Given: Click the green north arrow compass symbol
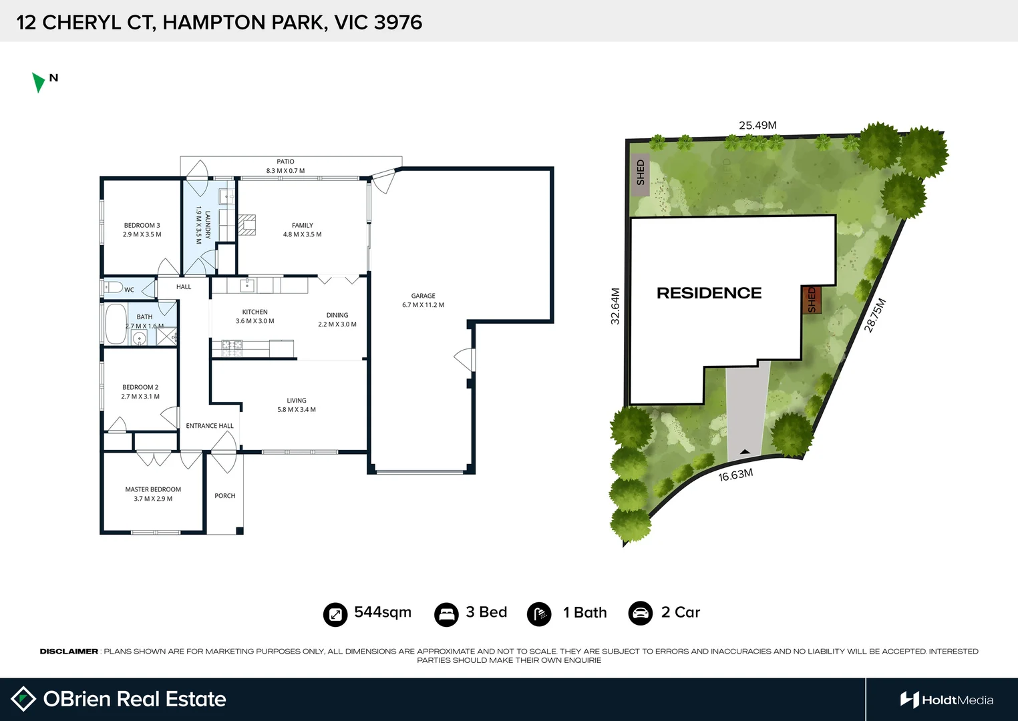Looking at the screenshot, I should [x=38, y=82].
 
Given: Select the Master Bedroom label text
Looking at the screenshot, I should [x=153, y=489].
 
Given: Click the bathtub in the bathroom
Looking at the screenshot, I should [x=116, y=324].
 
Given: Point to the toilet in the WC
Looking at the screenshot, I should [x=114, y=288].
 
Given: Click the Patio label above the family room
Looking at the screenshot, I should [x=285, y=162].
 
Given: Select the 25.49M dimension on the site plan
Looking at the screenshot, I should [x=757, y=126].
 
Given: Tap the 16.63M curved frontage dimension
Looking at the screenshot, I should [x=735, y=475].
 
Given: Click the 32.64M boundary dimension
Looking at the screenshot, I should [x=615, y=306].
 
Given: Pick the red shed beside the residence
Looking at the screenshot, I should [x=811, y=300].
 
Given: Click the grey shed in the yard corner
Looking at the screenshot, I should [x=641, y=173].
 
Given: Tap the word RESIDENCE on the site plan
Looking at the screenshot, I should [x=709, y=293].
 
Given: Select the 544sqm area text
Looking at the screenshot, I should [x=382, y=612].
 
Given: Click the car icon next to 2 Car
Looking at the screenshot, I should [x=640, y=613].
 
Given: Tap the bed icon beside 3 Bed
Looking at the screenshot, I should [x=446, y=614].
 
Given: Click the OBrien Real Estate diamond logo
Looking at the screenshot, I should [x=23, y=699].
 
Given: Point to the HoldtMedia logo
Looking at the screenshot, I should [x=947, y=700].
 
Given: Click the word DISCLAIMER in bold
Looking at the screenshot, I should [x=69, y=651].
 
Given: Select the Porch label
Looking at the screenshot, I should [x=224, y=496].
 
